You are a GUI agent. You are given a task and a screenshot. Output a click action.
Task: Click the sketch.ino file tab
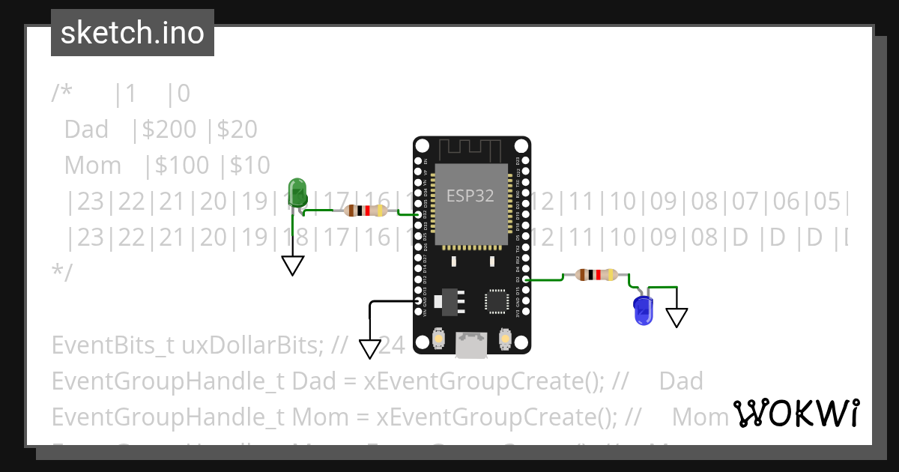click(x=133, y=33)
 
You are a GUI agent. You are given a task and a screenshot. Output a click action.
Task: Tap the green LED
click(x=297, y=193)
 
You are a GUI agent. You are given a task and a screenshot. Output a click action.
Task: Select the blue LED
click(x=643, y=310)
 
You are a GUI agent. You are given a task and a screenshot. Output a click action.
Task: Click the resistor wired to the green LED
click(x=365, y=211)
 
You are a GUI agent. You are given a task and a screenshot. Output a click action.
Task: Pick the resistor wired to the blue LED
click(x=596, y=275)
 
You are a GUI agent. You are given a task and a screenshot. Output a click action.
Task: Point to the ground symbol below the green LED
click(x=293, y=265)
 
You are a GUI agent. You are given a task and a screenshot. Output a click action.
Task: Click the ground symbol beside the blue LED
click(x=676, y=317)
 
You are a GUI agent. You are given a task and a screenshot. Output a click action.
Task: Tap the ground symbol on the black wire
click(x=370, y=348)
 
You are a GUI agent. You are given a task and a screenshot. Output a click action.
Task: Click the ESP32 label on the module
click(x=470, y=196)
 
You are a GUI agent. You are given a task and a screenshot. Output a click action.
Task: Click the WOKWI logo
click(x=796, y=413)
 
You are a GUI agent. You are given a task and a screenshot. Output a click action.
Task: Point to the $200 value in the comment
click(x=174, y=130)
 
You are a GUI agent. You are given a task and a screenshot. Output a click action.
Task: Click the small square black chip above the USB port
click(x=497, y=301)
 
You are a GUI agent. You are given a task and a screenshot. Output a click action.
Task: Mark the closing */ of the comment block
click(x=62, y=272)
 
